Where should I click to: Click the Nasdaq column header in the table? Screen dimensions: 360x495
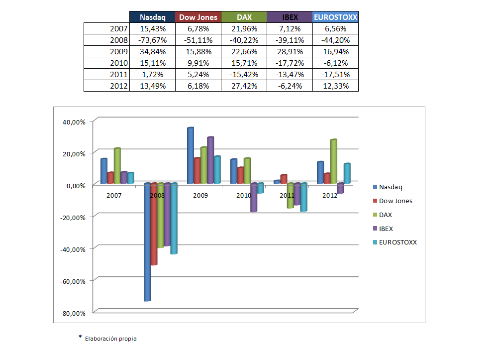[x=152, y=17]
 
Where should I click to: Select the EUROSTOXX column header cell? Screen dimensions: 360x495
[x=335, y=17]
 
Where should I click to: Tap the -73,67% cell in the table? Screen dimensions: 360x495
[x=152, y=40]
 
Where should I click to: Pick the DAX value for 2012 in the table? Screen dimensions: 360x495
[x=244, y=86]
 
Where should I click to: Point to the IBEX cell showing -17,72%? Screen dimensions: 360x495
[x=290, y=63]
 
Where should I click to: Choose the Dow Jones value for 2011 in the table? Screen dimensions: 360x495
[x=198, y=75]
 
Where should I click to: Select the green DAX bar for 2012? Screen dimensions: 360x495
[x=333, y=162]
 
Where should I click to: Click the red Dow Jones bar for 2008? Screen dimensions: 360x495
[x=154, y=224]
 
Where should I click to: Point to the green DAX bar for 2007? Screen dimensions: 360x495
[x=117, y=166]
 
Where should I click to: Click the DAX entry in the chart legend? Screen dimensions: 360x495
[x=386, y=215]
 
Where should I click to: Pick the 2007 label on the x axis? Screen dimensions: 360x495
[x=114, y=196]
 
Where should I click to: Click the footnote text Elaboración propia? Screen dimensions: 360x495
[x=110, y=339]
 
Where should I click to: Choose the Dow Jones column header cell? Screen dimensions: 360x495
[x=198, y=17]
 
